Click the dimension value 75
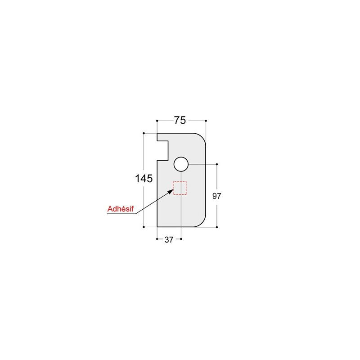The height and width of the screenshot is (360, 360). (180, 121)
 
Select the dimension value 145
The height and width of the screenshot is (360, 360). (144, 179)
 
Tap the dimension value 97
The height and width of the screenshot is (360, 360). (217, 196)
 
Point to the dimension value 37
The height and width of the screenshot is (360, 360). (169, 240)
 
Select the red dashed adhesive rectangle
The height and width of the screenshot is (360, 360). (180, 188)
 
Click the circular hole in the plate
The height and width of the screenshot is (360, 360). (180, 164)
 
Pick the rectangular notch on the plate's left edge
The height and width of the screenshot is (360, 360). (163, 150)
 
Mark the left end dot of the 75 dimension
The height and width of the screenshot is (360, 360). (157, 121)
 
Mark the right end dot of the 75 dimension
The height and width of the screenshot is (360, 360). (206, 121)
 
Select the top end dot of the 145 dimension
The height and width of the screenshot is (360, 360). (144, 133)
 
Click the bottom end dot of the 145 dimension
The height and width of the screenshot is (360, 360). (144, 227)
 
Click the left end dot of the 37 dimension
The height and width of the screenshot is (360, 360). (157, 239)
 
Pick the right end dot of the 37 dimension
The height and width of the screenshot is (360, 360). (180, 239)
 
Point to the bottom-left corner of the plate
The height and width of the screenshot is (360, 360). (157, 226)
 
